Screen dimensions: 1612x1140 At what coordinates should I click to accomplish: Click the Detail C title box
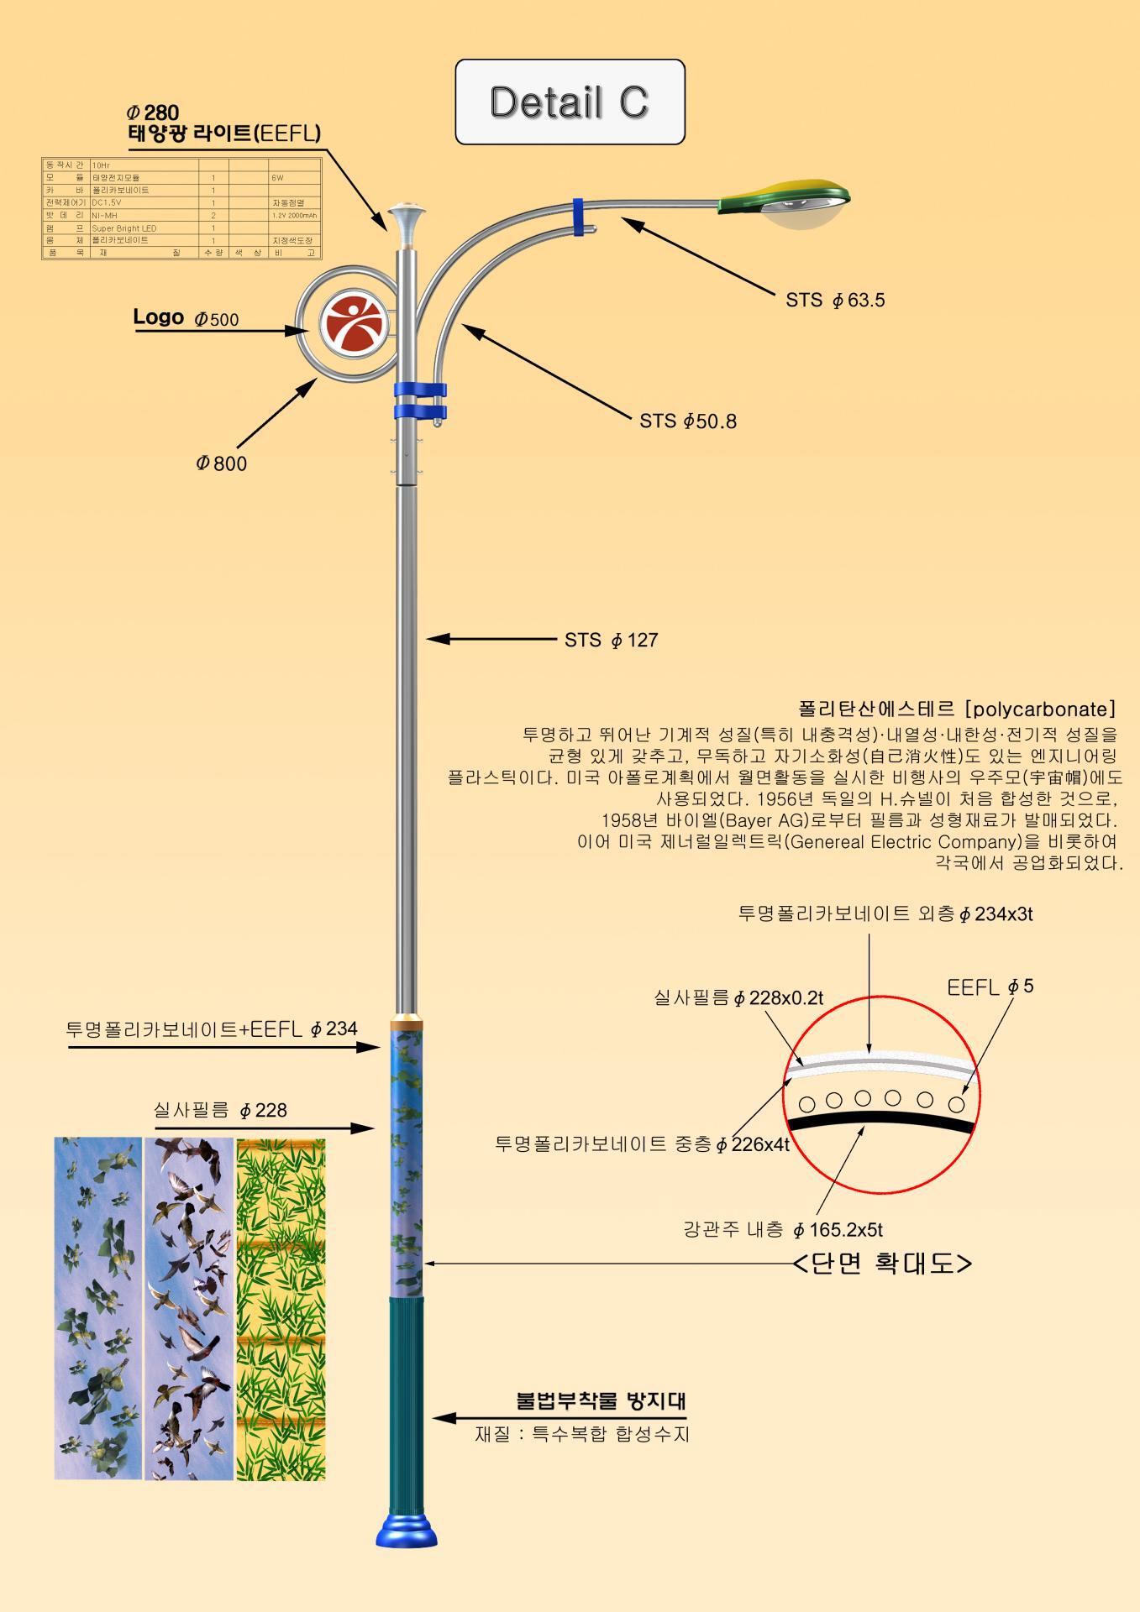click(570, 102)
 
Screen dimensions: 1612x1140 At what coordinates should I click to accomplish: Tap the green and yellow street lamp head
click(785, 201)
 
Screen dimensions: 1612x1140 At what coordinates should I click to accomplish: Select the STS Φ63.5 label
click(835, 301)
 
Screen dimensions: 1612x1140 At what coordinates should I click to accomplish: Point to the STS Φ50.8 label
click(687, 421)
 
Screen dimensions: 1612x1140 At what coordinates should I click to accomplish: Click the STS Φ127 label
click(611, 641)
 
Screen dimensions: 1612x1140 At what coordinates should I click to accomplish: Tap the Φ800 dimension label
click(222, 463)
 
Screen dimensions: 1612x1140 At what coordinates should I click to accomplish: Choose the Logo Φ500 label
click(186, 318)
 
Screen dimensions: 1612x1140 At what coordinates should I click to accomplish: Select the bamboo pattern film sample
click(281, 1309)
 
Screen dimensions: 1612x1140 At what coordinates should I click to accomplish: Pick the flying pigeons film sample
click(189, 1309)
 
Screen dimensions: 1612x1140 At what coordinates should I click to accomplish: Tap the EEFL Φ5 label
click(990, 987)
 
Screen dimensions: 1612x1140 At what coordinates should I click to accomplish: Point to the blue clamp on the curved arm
click(579, 217)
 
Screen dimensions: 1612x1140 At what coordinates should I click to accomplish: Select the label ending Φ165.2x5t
click(782, 1230)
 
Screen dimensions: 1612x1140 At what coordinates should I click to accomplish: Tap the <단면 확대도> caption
click(882, 1264)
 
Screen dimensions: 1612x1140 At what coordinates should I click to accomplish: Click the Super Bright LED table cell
click(124, 228)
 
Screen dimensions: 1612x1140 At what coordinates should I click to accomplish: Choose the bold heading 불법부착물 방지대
click(602, 1401)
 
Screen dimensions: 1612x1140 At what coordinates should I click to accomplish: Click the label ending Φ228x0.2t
click(738, 998)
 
